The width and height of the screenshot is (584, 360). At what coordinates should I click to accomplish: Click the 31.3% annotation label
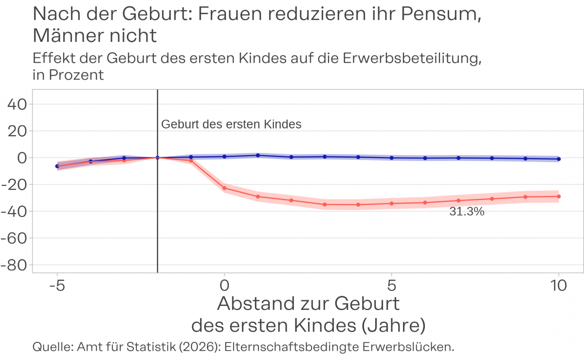click(467, 212)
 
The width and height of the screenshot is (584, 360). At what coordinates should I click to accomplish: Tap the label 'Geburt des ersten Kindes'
click(231, 125)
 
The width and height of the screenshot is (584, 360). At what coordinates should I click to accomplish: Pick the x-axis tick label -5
click(57, 285)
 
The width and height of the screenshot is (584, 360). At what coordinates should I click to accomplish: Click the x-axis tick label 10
click(558, 285)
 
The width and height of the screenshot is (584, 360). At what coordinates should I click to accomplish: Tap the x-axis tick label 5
click(391, 285)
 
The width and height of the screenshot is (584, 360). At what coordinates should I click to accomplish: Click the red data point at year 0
click(224, 188)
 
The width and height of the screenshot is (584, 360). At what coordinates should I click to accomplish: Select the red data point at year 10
click(559, 197)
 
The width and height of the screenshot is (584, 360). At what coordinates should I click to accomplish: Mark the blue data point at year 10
click(559, 159)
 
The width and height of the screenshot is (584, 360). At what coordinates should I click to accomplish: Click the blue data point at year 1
click(258, 155)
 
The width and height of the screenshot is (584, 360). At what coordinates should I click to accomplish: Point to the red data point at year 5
click(391, 203)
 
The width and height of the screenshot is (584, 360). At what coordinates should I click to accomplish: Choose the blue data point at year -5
click(57, 166)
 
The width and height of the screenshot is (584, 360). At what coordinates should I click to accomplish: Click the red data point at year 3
click(325, 204)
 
